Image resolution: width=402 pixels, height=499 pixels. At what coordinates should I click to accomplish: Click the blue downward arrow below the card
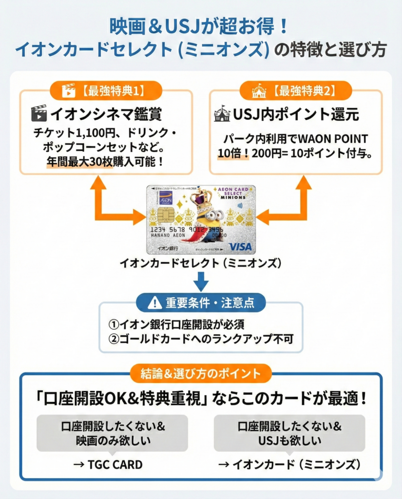[201, 281]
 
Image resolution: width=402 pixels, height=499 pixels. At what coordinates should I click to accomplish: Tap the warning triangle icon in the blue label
[154, 302]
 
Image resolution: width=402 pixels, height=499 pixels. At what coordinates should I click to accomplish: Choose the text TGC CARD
[108, 464]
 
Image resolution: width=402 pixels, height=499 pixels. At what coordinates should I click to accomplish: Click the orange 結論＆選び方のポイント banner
[200, 374]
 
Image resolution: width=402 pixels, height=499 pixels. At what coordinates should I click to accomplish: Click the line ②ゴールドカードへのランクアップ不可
[201, 338]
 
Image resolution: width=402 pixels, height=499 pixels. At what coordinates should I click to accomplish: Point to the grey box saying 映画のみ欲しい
[113, 433]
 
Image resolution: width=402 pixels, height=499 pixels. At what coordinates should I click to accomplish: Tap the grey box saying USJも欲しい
[289, 433]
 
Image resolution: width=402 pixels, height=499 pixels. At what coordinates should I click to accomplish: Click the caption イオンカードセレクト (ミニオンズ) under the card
[201, 264]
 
